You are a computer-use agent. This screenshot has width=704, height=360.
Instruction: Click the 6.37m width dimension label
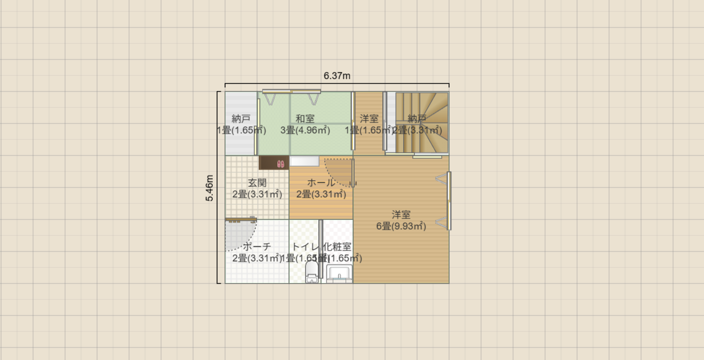click(x=337, y=76)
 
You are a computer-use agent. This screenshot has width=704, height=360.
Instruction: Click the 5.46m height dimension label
click(x=210, y=188)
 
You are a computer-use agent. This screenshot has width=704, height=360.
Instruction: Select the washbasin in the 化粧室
click(x=339, y=273)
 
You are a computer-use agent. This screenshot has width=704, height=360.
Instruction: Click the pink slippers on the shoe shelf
click(x=281, y=163)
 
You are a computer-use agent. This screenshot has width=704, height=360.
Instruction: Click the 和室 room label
click(x=305, y=118)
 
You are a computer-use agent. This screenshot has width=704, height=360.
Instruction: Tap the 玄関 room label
click(x=257, y=183)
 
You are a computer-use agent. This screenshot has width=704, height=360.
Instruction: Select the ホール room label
click(x=321, y=183)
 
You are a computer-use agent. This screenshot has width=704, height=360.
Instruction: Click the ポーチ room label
click(x=257, y=247)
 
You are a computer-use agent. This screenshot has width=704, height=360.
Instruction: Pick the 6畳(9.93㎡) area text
click(x=401, y=226)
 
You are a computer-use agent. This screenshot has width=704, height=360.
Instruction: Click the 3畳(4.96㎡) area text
click(x=305, y=130)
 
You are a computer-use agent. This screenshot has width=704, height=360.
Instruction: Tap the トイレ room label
click(x=305, y=247)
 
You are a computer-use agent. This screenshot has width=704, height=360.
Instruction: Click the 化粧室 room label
click(x=338, y=247)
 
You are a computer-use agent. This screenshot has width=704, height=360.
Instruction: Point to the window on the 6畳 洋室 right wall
click(x=449, y=201)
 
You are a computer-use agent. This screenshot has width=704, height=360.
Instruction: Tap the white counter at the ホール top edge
click(x=305, y=161)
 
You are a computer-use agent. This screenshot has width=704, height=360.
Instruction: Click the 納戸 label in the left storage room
click(x=241, y=118)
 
